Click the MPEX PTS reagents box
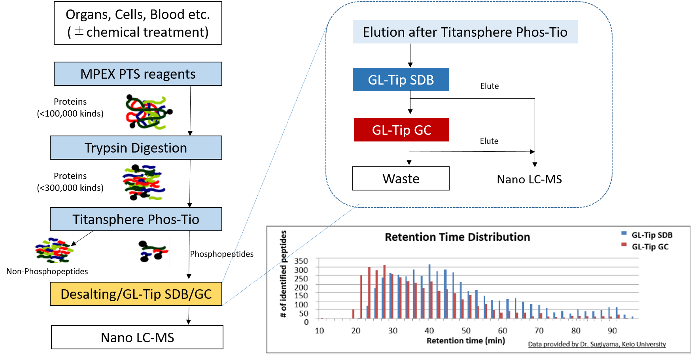click(x=138, y=74)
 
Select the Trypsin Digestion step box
click(x=136, y=148)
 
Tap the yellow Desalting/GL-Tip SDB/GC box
click(x=136, y=294)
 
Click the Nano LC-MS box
click(x=137, y=337)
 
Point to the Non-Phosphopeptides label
click(x=47, y=271)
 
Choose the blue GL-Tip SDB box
click(x=401, y=80)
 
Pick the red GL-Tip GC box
click(x=401, y=130)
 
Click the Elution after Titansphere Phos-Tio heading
click(x=465, y=32)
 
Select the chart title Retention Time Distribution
click(x=457, y=237)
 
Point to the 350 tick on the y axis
click(x=301, y=261)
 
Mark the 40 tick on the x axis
click(x=429, y=331)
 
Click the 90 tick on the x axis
click(x=612, y=331)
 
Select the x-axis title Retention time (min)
click(x=465, y=341)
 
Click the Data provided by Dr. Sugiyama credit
click(x=597, y=344)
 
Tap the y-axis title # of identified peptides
click(x=283, y=274)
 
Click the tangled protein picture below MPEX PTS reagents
click(x=146, y=109)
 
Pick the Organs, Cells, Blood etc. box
click(x=138, y=23)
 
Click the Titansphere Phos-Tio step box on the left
click(x=136, y=219)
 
